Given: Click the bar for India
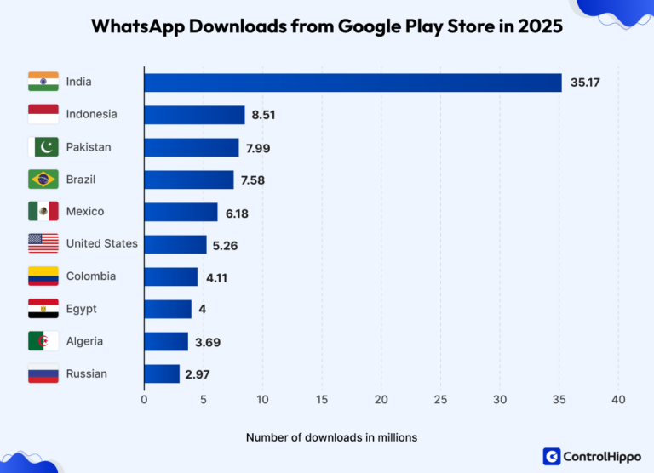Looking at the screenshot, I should click(x=353, y=83).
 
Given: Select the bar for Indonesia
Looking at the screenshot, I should click(x=194, y=115).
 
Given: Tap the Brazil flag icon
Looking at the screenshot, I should click(x=43, y=180).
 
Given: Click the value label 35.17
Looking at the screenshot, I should click(x=584, y=83).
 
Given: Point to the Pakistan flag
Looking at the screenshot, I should click(x=43, y=147).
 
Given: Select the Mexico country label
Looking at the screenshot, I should click(x=85, y=211).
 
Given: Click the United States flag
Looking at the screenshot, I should click(x=43, y=243).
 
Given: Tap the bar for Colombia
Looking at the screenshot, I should click(x=170, y=276).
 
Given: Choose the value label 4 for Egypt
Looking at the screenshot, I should click(x=203, y=309).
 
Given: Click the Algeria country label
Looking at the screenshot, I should click(x=84, y=341).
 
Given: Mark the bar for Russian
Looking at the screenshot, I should click(x=162, y=373).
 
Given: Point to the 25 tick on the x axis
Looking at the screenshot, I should click(x=440, y=399).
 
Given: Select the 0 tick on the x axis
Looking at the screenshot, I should click(x=144, y=399).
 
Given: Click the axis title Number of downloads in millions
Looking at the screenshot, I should click(x=331, y=437).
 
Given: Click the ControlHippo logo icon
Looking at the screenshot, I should click(x=552, y=456).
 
